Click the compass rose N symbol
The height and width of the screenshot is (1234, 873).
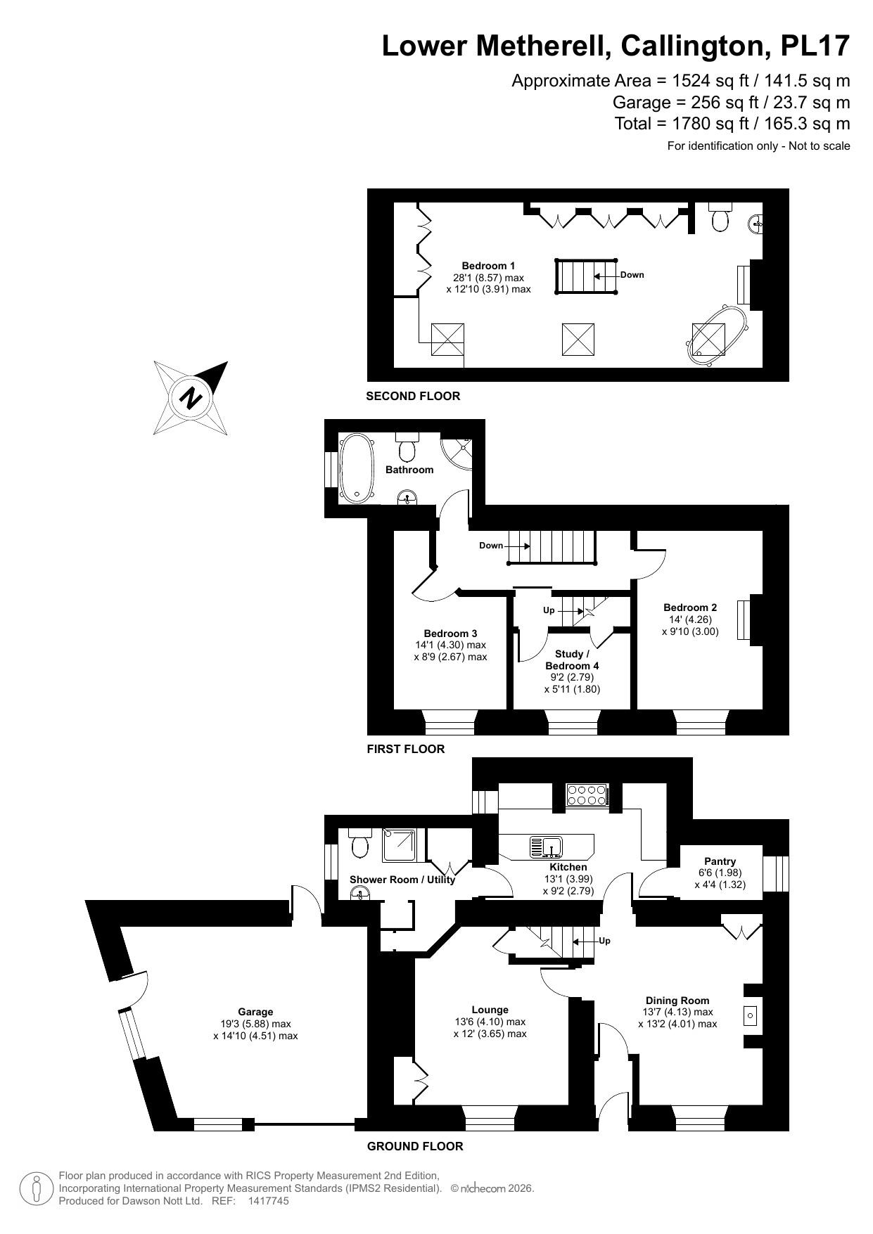(191, 398)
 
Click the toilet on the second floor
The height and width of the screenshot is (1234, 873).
(720, 219)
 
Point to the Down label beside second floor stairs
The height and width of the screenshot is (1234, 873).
(632, 275)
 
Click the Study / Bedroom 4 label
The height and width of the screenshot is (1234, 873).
(572, 660)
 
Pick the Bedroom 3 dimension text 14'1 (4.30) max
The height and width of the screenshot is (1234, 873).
(450, 645)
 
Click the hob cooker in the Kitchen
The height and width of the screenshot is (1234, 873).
(587, 795)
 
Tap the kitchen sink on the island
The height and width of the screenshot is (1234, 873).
(545, 847)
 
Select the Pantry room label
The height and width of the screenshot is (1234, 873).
(720, 861)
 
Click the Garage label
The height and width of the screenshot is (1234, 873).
(255, 1013)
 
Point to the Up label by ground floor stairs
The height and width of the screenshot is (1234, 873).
(604, 941)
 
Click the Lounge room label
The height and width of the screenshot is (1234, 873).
(490, 1010)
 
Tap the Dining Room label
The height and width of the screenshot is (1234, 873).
(677, 1001)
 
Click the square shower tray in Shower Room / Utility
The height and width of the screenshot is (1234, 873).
(400, 846)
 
